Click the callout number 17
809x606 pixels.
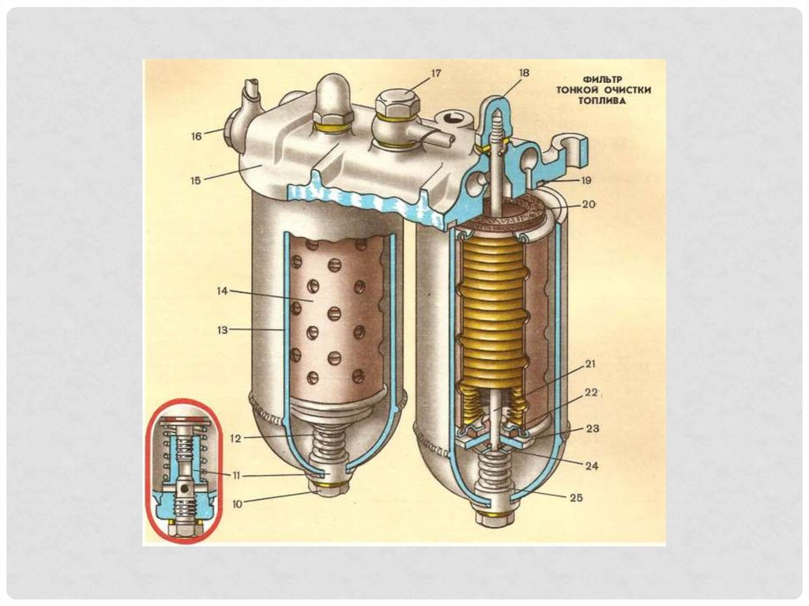coord(435,73)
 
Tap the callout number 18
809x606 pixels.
coord(524,73)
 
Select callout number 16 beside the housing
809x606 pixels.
coord(196,136)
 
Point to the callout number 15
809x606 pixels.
coord(196,179)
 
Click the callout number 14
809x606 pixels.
coord(223,292)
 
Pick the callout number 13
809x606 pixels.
coord(223,329)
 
